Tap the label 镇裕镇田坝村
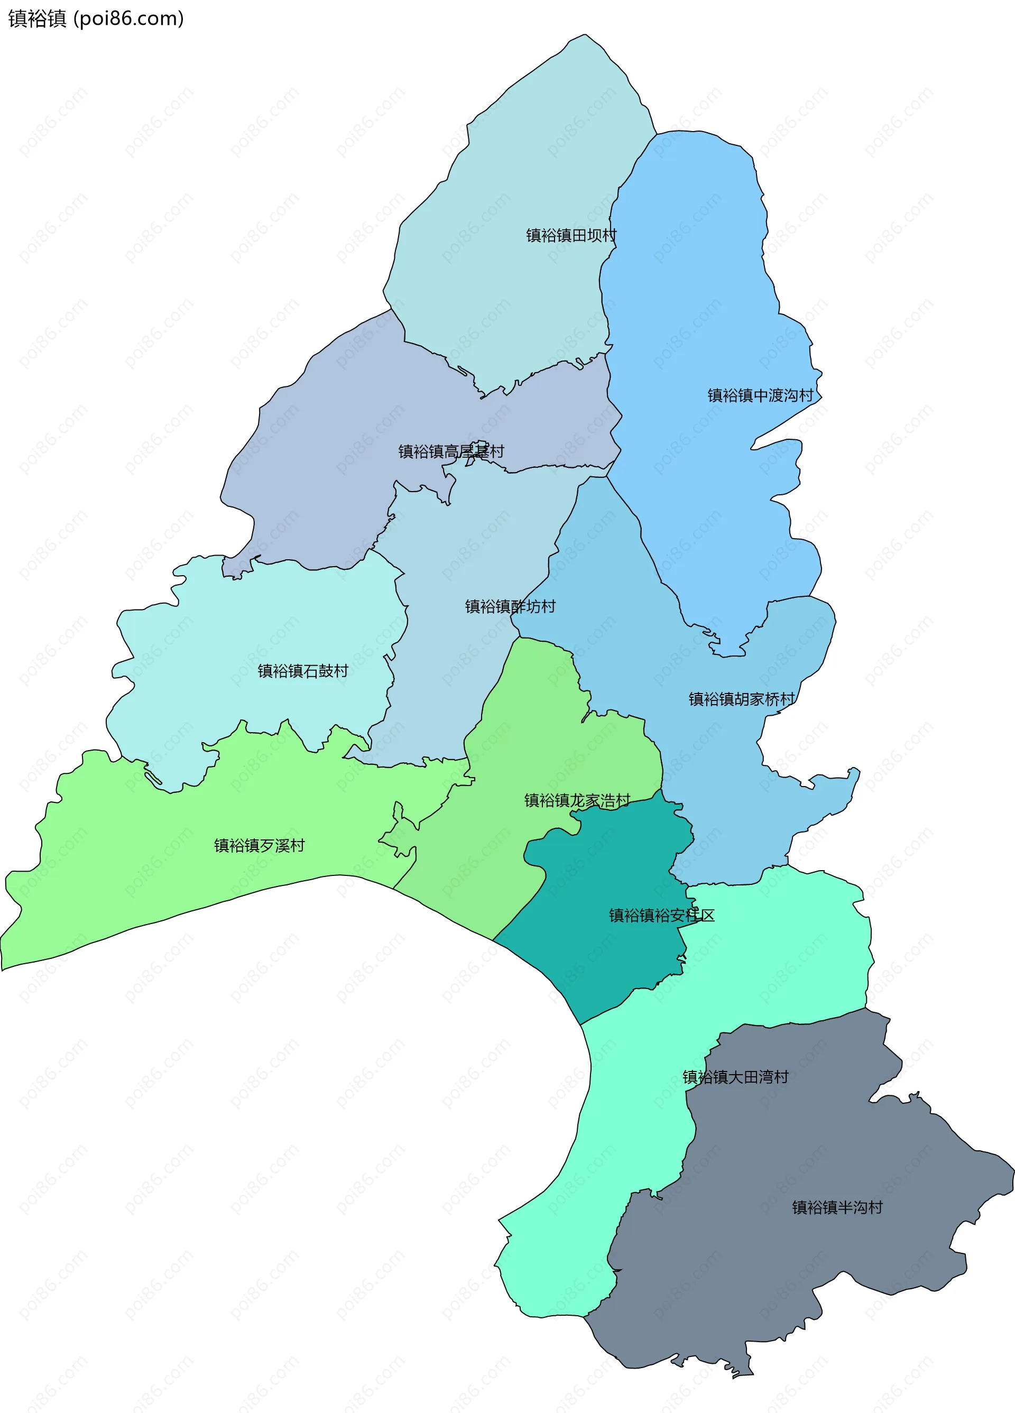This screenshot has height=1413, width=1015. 571,236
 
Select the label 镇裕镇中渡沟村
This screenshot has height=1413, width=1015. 760,395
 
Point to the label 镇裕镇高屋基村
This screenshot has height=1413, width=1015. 451,451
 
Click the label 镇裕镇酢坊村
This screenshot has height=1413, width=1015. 510,606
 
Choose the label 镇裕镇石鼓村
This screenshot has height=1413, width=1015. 303,671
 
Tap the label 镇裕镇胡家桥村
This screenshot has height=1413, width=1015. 742,699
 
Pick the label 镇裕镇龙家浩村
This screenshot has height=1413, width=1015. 577,800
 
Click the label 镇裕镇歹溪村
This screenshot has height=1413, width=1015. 259,845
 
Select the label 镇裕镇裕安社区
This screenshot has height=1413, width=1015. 662,915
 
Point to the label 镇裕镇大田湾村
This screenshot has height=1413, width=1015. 735,1077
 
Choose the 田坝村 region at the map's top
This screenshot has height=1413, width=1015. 530,156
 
